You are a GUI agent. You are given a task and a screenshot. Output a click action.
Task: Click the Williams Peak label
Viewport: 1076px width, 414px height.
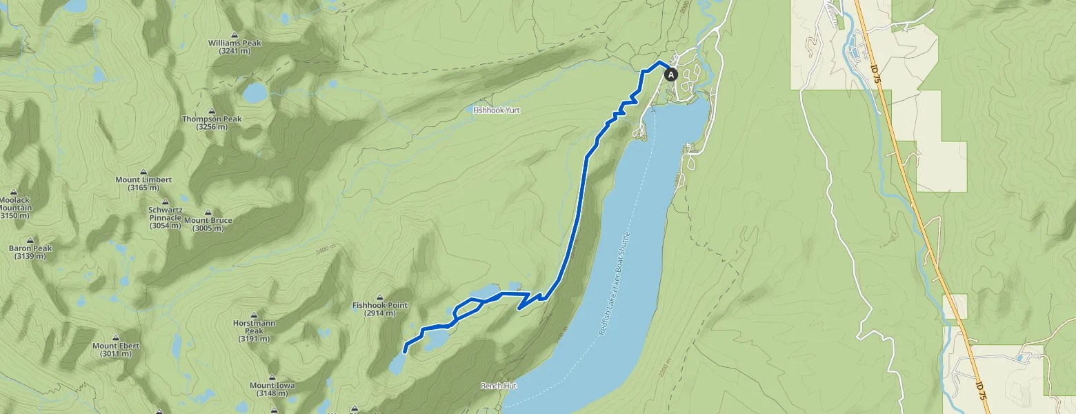(235, 47)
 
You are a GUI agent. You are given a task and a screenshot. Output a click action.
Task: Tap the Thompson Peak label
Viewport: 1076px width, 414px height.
(212, 123)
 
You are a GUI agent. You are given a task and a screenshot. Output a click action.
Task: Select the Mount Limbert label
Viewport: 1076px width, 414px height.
(143, 184)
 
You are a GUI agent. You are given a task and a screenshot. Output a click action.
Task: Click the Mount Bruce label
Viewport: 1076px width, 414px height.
(208, 224)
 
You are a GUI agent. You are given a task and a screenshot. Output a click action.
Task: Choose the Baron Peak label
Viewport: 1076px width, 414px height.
(30, 252)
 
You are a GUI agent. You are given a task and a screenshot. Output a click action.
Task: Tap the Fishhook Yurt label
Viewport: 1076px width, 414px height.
(496, 110)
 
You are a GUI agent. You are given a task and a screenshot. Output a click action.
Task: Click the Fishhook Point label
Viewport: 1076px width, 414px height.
(380, 308)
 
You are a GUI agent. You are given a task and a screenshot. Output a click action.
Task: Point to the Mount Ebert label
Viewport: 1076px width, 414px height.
(116, 350)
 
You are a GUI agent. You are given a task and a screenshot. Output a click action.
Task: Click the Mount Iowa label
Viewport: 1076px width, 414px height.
(272, 389)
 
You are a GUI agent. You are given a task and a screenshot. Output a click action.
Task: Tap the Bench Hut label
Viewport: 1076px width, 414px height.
(498, 386)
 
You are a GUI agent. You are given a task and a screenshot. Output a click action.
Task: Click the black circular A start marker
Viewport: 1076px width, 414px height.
(670, 74)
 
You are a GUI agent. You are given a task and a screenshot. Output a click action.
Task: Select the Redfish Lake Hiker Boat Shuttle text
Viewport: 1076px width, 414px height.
(614, 283)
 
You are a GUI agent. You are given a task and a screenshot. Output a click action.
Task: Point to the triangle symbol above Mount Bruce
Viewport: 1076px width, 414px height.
(208, 213)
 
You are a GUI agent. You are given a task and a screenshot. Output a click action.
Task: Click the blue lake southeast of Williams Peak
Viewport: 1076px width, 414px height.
(254, 92)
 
